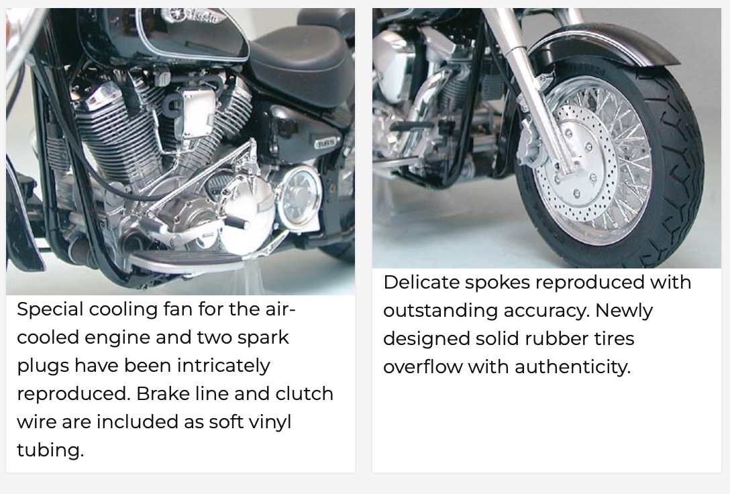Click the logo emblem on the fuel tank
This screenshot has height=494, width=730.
(x=195, y=16)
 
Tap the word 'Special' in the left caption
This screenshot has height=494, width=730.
(x=50, y=309)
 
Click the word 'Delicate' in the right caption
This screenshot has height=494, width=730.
(x=421, y=282)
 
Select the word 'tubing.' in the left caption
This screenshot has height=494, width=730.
(x=50, y=450)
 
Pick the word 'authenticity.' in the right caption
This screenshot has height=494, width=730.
(x=572, y=367)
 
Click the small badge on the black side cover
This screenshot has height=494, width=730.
(x=325, y=143)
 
